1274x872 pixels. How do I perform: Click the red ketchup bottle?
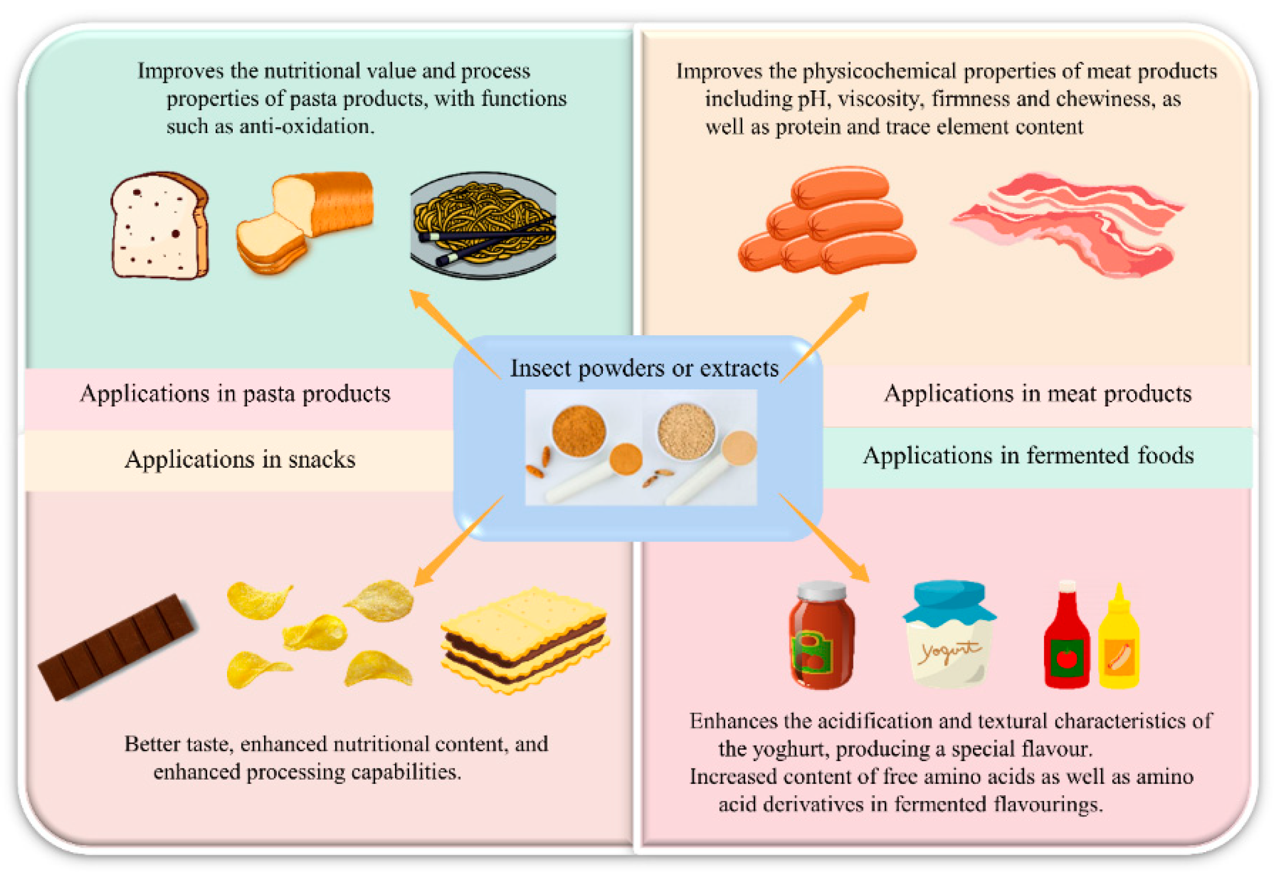click(1066, 642)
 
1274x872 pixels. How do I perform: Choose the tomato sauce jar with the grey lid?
click(820, 636)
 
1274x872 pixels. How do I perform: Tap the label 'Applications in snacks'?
click(240, 459)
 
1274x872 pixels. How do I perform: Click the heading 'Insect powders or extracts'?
click(644, 369)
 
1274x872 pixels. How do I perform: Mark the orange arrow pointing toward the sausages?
click(825, 336)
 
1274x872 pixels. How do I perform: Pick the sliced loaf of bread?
click(304, 219)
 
